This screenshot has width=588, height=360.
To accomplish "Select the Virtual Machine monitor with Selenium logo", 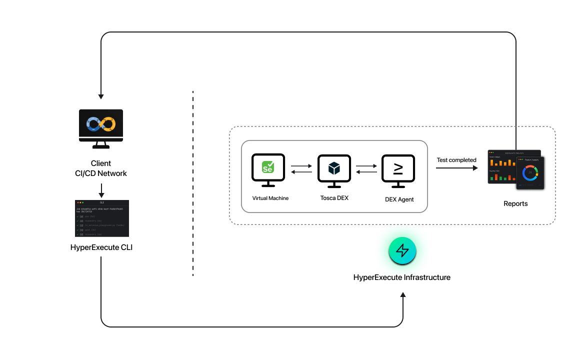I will [268, 168].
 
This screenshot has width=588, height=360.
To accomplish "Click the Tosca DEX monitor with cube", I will [334, 168].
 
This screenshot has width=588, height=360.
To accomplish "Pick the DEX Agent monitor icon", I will [398, 168].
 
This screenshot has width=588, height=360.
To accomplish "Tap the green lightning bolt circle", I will [402, 250].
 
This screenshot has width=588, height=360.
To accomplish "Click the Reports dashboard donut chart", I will [530, 173].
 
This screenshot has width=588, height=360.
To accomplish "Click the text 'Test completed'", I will [456, 160].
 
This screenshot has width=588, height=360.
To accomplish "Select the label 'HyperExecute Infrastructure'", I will [402, 277].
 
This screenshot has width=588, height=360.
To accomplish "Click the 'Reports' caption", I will [515, 203].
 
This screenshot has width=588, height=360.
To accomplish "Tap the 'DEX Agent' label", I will [399, 199].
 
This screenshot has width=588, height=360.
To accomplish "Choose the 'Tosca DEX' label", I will [334, 198].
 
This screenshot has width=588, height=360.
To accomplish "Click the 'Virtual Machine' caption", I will [270, 198].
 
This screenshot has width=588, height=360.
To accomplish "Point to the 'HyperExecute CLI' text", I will [101, 247].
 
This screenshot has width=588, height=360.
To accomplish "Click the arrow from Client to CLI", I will [101, 190].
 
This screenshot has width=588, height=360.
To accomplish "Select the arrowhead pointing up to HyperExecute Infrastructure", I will [403, 295].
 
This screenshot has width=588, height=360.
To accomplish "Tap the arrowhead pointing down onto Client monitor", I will [101, 95].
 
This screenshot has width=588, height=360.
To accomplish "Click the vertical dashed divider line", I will [193, 183].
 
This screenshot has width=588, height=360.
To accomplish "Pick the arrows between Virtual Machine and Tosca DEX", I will [300, 168].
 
